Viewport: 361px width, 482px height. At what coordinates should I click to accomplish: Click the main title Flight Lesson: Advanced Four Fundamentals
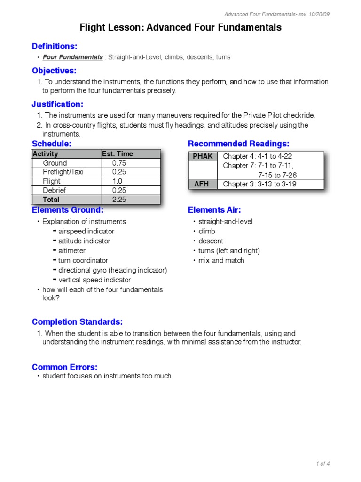point(180,28)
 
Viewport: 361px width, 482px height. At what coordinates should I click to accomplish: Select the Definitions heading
point(55,46)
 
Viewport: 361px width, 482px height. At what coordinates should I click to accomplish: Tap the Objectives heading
point(54,71)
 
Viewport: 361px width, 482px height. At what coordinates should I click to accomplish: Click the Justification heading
point(57,104)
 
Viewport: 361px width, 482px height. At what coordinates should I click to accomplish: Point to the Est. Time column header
point(118,154)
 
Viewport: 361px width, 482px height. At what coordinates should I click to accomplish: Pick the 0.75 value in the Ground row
point(119,163)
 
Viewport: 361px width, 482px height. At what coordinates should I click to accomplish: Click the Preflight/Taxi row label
point(63,172)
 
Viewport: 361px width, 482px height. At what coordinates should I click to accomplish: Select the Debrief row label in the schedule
point(55,190)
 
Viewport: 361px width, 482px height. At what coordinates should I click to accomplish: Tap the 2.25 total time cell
point(119,200)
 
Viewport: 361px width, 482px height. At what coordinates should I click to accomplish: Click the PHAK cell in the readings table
point(203,156)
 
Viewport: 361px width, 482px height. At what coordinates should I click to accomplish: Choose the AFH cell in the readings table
point(203,184)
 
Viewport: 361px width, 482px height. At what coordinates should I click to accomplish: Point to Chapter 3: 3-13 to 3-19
point(259,184)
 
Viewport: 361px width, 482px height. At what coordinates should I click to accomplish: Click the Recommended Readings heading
point(238,144)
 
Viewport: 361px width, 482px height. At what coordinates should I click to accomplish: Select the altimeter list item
point(72,251)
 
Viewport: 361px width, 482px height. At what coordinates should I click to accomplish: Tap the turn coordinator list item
point(83,260)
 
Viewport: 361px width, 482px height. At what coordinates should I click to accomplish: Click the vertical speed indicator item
point(94,280)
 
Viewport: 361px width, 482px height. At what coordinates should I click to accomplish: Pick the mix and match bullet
point(221,260)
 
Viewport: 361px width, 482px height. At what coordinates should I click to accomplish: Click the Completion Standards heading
point(77,322)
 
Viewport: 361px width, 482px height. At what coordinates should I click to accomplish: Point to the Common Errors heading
point(64,367)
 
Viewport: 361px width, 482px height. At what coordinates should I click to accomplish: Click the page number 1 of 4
point(323,464)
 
